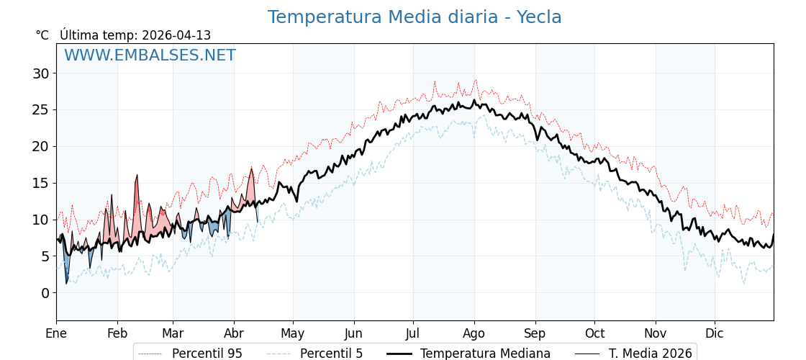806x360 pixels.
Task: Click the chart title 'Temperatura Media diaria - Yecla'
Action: point(415,17)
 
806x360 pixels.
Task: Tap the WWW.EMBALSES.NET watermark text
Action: point(150,55)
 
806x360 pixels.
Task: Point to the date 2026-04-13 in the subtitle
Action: point(176,35)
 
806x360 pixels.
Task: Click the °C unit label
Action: point(42,35)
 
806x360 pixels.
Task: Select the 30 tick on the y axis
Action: point(40,73)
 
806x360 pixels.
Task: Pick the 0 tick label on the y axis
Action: point(45,293)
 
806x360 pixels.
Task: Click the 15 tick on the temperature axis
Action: point(40,183)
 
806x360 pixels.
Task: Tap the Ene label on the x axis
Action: point(56,333)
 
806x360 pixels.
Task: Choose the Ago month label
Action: point(474,333)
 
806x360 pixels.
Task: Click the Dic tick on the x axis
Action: point(715,333)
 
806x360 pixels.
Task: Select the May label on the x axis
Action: point(293,333)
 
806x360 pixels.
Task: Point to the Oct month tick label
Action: point(594,333)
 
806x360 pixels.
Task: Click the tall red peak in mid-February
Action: point(137,177)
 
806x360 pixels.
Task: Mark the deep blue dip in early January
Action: point(66,281)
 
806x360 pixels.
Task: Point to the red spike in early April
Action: point(251,171)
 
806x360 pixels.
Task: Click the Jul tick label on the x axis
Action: point(413,333)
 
